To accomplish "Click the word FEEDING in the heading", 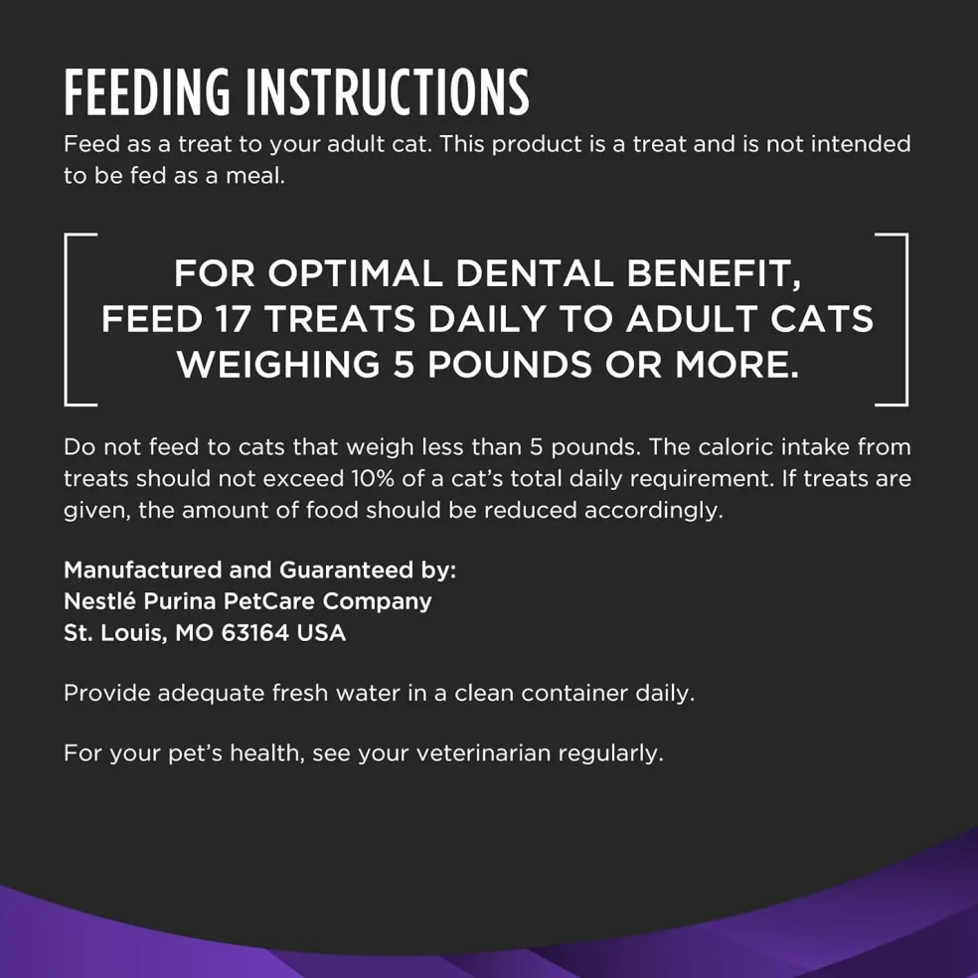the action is click(x=146, y=92).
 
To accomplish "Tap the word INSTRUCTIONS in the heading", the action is click(x=388, y=92).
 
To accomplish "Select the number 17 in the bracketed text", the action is click(x=233, y=319).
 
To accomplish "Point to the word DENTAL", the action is click(x=535, y=273).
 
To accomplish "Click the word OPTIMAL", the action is click(x=355, y=273).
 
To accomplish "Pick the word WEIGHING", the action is click(x=278, y=364).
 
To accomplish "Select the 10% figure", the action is click(x=372, y=479).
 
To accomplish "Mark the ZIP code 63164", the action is click(x=255, y=633).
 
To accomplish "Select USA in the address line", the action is click(x=321, y=633).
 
